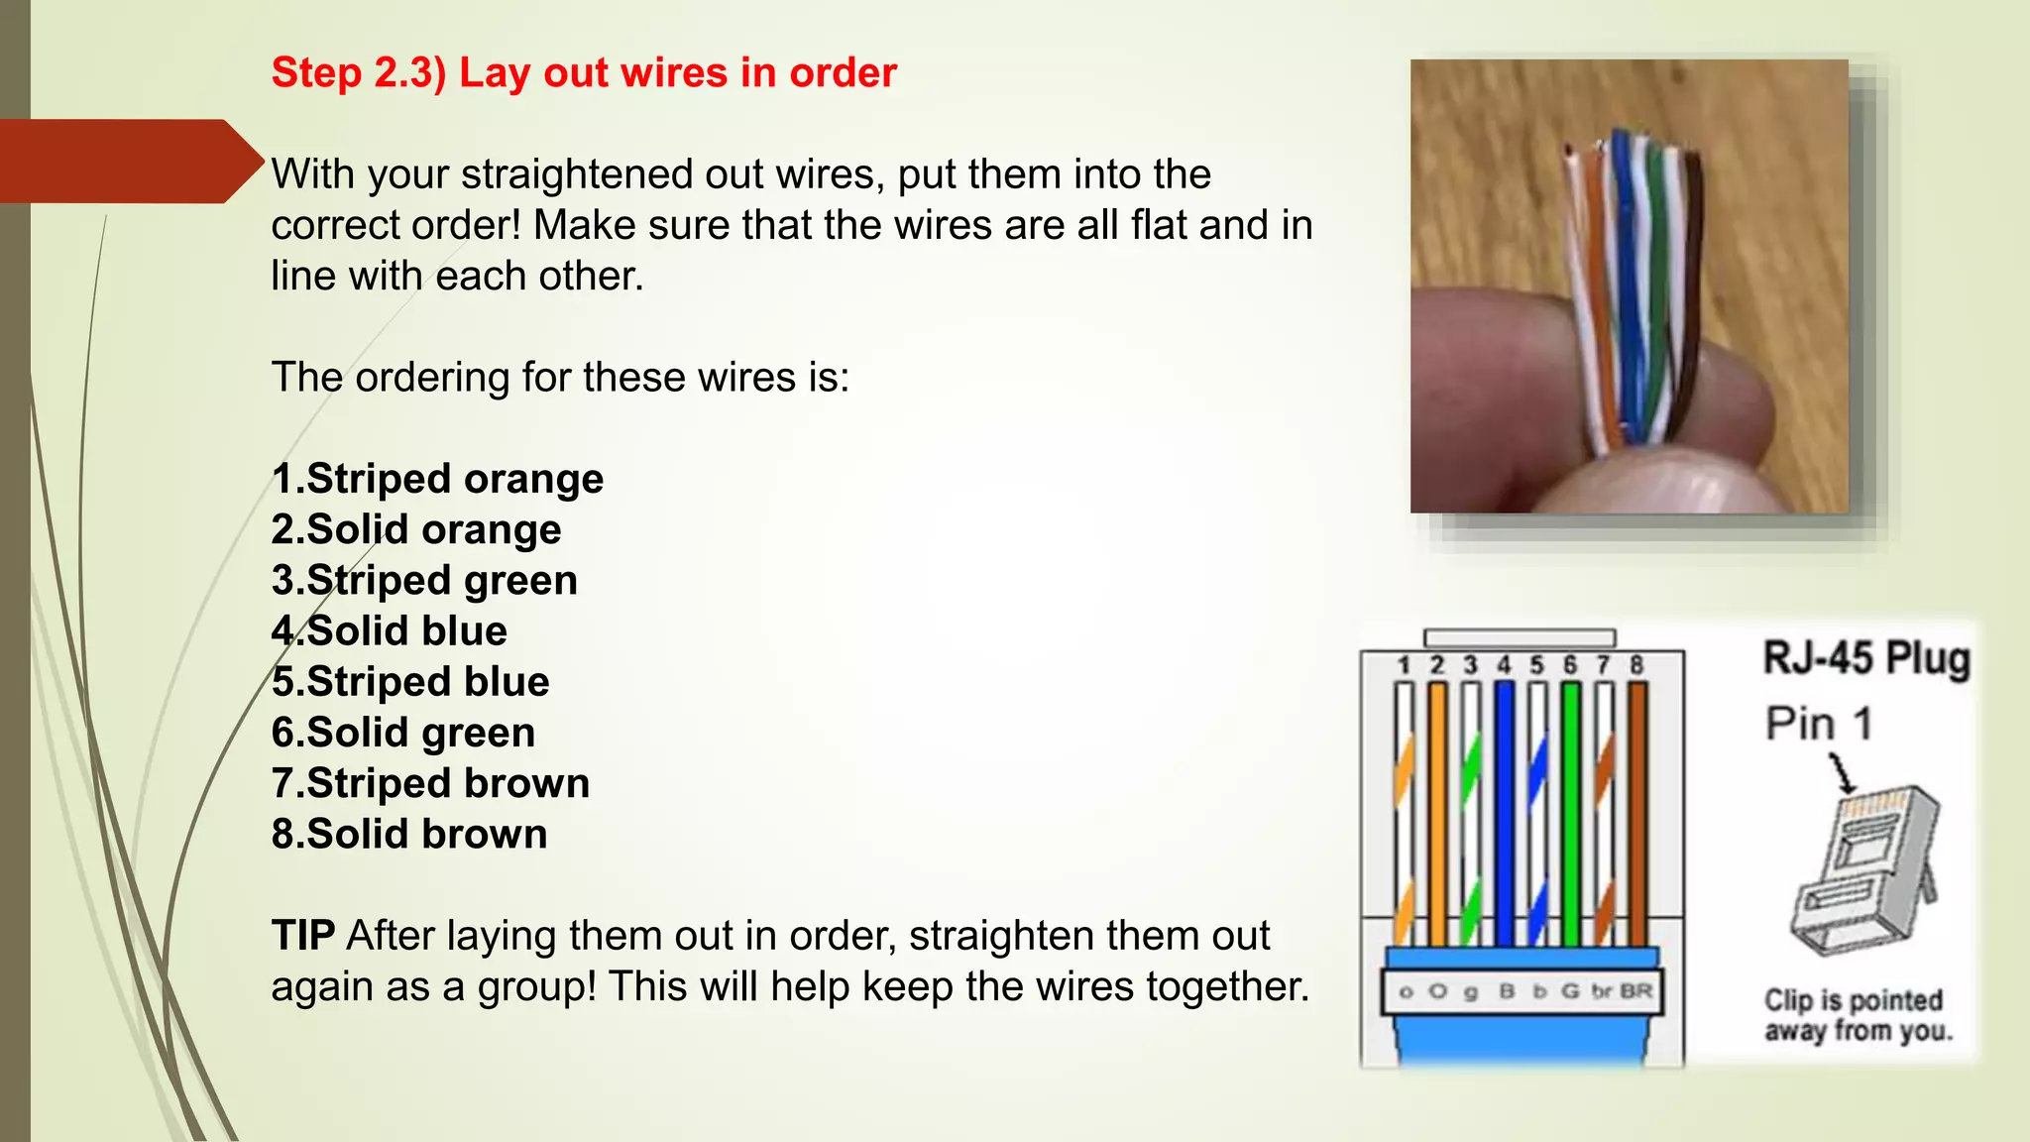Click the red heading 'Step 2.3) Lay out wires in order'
tap(584, 73)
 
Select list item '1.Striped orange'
tap(437, 479)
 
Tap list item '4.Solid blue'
tap(390, 631)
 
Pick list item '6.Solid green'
tap(403, 733)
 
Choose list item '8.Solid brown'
tap(409, 834)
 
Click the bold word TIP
tap(303, 936)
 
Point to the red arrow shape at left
tap(129, 162)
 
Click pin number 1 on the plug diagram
tap(1404, 665)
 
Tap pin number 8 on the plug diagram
tap(1636, 665)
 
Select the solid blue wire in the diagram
tap(1504, 813)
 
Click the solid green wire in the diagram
tap(1570, 813)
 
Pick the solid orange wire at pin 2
tap(1437, 813)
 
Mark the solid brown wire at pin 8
tap(1637, 813)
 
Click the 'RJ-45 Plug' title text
tap(1865, 658)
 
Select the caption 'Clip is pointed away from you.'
tap(1858, 1015)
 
